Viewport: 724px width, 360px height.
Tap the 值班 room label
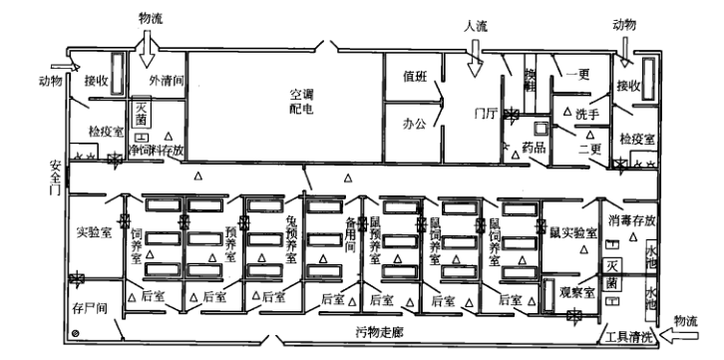[x=415, y=75]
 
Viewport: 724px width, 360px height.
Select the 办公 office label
[x=414, y=126]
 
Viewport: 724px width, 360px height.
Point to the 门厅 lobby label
[x=486, y=113]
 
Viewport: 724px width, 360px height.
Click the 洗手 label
[x=586, y=114]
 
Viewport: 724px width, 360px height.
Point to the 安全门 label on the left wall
[x=55, y=178]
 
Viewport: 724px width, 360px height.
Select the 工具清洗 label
[x=634, y=335]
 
